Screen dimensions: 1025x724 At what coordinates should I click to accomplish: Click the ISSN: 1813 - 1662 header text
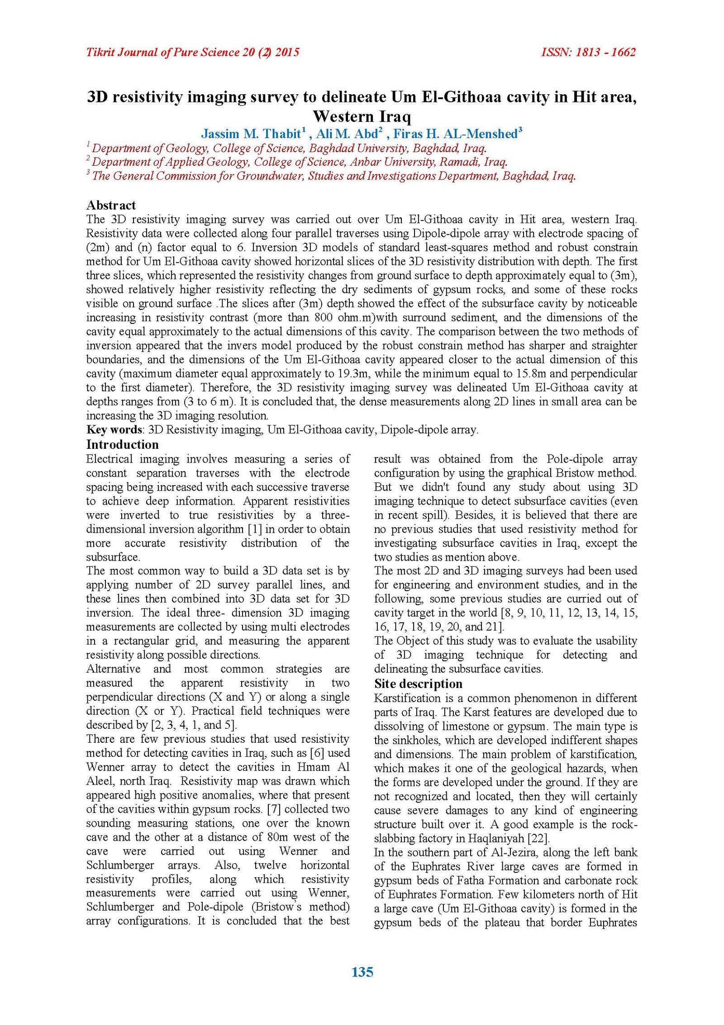(588, 53)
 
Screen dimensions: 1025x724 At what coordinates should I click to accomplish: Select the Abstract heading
(111, 205)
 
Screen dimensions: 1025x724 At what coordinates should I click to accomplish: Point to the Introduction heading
(123, 444)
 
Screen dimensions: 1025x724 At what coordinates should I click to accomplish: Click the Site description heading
(418, 683)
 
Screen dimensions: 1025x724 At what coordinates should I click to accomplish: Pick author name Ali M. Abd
(347, 134)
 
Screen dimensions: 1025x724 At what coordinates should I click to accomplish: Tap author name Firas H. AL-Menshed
(455, 134)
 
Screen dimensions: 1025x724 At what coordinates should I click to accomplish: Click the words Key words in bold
(114, 429)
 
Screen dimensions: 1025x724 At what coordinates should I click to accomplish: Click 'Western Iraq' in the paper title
(362, 116)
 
